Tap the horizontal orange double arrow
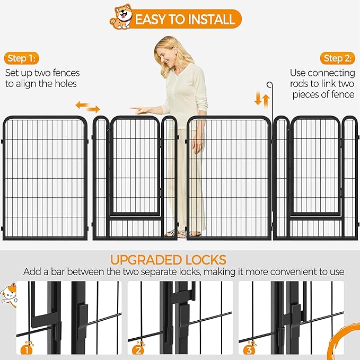[x=87, y=107]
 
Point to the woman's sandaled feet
[x=179, y=233]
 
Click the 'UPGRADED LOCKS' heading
[x=168, y=260]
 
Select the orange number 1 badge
[x=26, y=349]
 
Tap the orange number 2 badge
[x=138, y=349]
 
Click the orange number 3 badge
[x=248, y=349]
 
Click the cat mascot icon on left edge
[x=9, y=293]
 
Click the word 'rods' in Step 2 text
[x=300, y=84]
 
